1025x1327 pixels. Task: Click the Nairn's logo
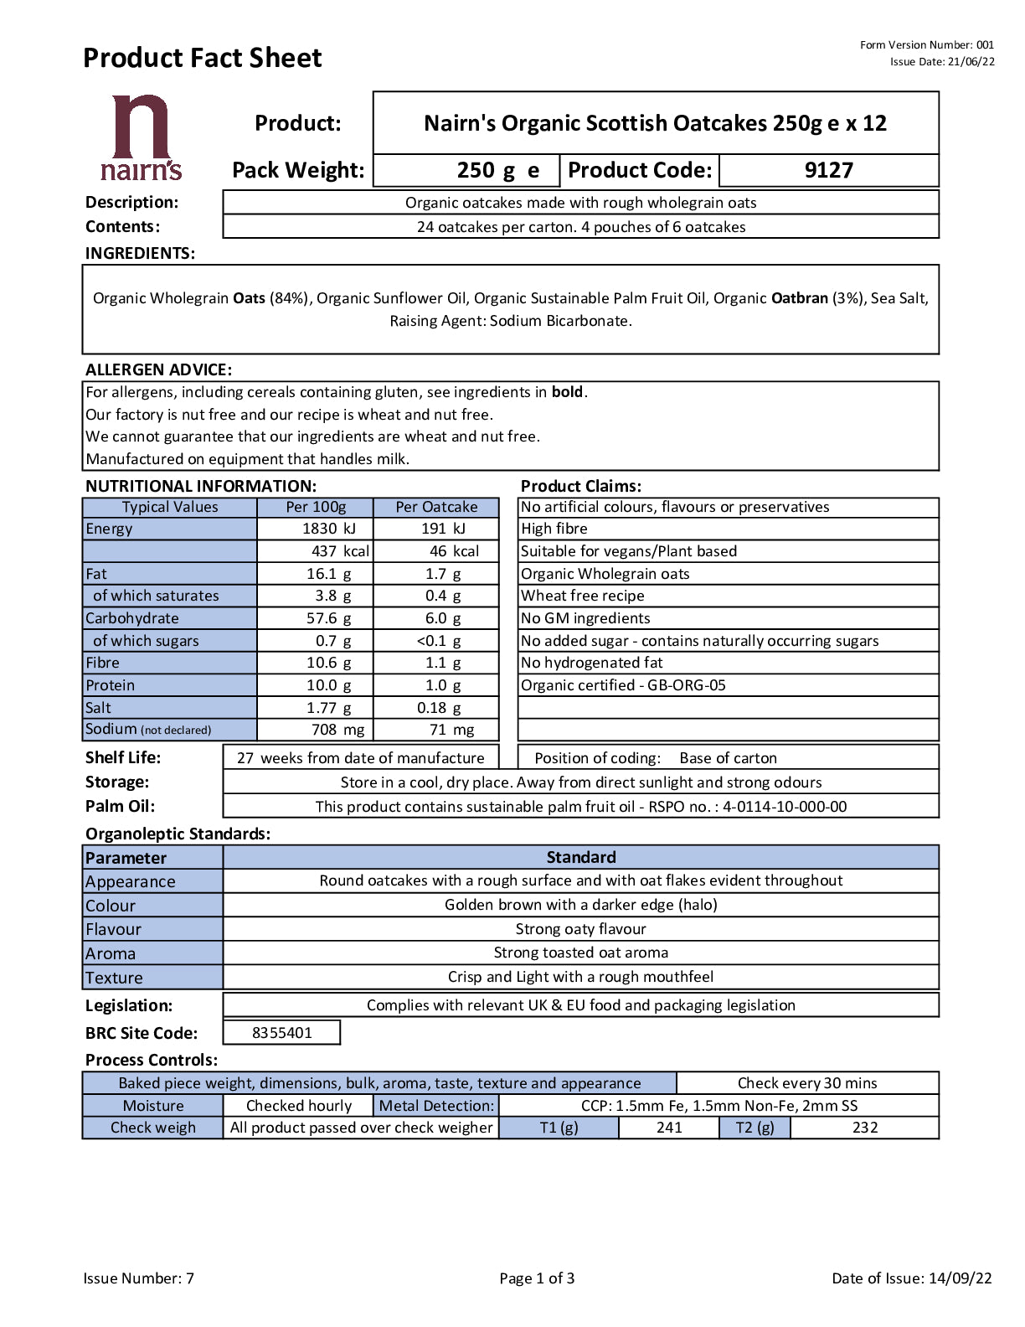click(x=141, y=138)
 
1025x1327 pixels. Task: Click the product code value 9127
click(x=828, y=170)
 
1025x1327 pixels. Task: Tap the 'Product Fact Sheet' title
click(x=202, y=58)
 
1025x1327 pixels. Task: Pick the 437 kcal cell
click(x=339, y=551)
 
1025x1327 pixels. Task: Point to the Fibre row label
click(x=103, y=663)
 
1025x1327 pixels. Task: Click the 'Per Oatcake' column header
click(x=436, y=507)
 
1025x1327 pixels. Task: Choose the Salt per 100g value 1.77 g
click(x=328, y=708)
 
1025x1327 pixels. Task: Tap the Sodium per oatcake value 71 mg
click(x=451, y=730)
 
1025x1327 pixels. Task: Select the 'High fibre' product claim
click(x=554, y=529)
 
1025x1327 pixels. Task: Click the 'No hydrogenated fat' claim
click(x=592, y=663)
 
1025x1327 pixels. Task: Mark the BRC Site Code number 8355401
click(x=281, y=1033)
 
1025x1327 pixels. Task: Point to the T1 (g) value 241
click(x=669, y=1128)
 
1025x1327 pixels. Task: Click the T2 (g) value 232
click(x=865, y=1128)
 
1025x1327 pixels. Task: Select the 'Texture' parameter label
click(x=114, y=978)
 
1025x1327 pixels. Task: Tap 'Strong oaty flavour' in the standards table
click(x=580, y=929)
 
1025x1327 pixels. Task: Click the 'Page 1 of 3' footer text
click(x=537, y=1278)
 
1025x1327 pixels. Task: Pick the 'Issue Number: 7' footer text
click(x=138, y=1278)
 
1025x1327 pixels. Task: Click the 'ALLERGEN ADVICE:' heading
click(x=158, y=369)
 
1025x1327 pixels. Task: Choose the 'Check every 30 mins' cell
click(x=807, y=1083)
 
